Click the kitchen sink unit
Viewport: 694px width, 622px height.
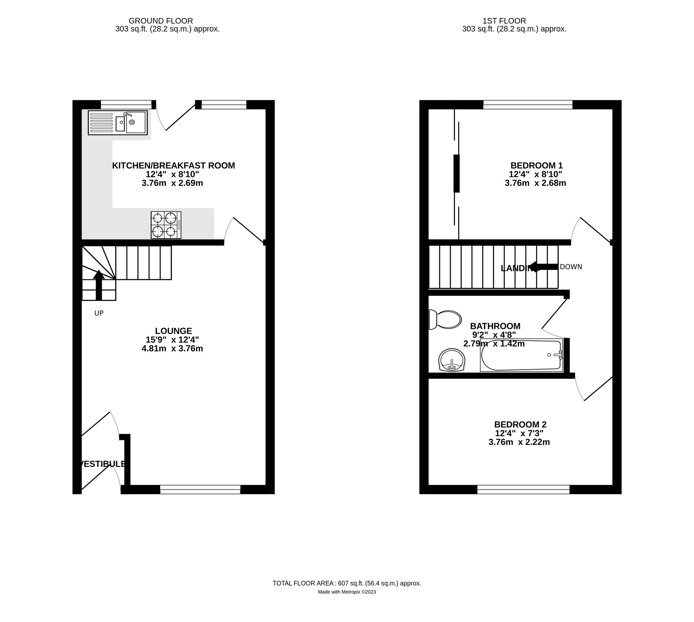118,122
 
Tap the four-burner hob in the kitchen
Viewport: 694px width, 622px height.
166,225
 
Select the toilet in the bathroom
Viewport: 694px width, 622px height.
445,319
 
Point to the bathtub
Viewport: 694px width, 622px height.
522,355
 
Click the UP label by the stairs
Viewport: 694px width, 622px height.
99,313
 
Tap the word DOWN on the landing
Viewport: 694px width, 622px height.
571,267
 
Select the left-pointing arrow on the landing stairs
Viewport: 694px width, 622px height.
543,267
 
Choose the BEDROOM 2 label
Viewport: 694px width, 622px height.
520,424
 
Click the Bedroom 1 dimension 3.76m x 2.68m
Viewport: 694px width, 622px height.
535,183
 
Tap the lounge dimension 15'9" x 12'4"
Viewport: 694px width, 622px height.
172,340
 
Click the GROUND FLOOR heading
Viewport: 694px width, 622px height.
161,21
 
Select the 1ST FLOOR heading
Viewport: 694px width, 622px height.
504,21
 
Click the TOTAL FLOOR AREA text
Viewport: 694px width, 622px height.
347,583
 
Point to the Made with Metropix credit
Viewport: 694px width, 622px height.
347,592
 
